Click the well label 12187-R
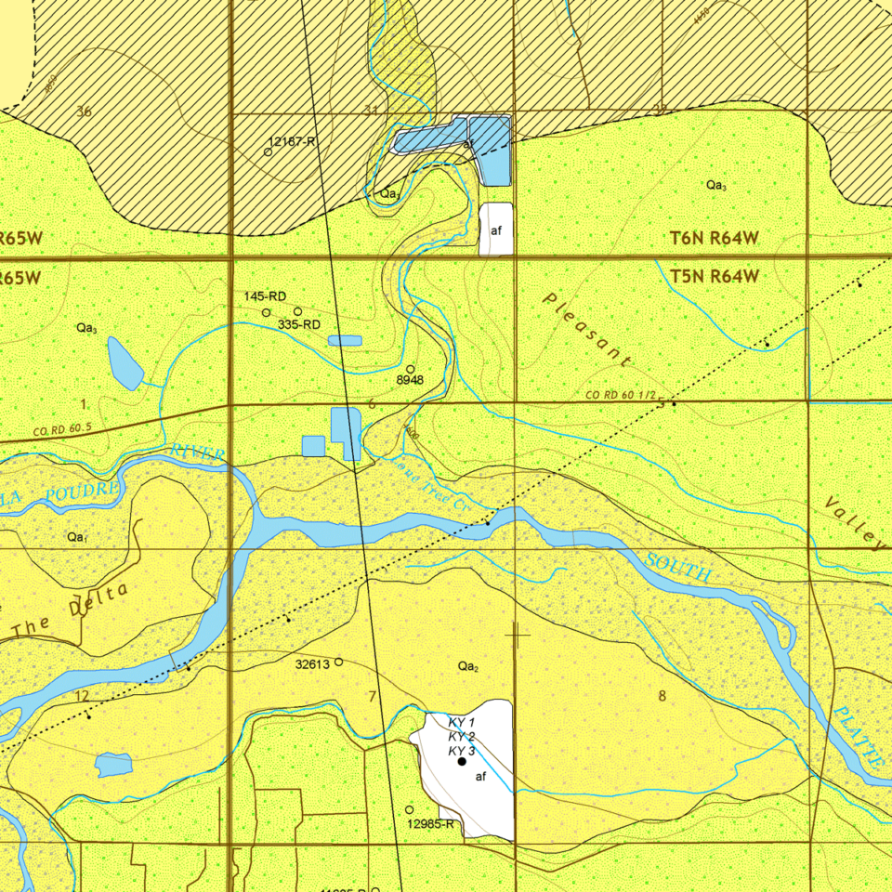point(293,141)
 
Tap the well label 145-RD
point(265,296)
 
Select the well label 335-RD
point(299,324)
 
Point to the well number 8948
point(410,380)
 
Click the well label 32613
point(312,664)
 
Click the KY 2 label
point(462,737)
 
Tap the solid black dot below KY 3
point(462,762)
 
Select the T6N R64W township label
point(715,239)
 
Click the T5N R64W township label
point(715,276)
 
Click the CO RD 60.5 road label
point(62,430)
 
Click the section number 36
point(85,111)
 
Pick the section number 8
point(662,696)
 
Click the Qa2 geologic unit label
point(468,666)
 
